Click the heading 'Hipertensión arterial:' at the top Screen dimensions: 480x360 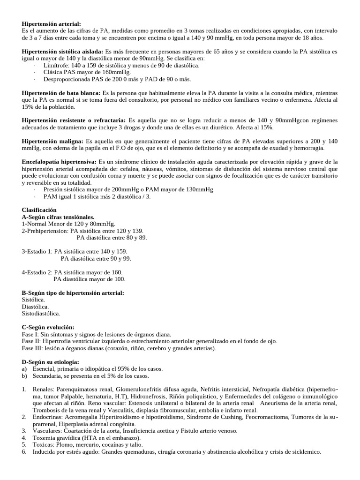(x=52, y=23)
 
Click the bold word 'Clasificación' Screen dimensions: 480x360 (x=39, y=210)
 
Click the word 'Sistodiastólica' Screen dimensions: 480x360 (x=41, y=313)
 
